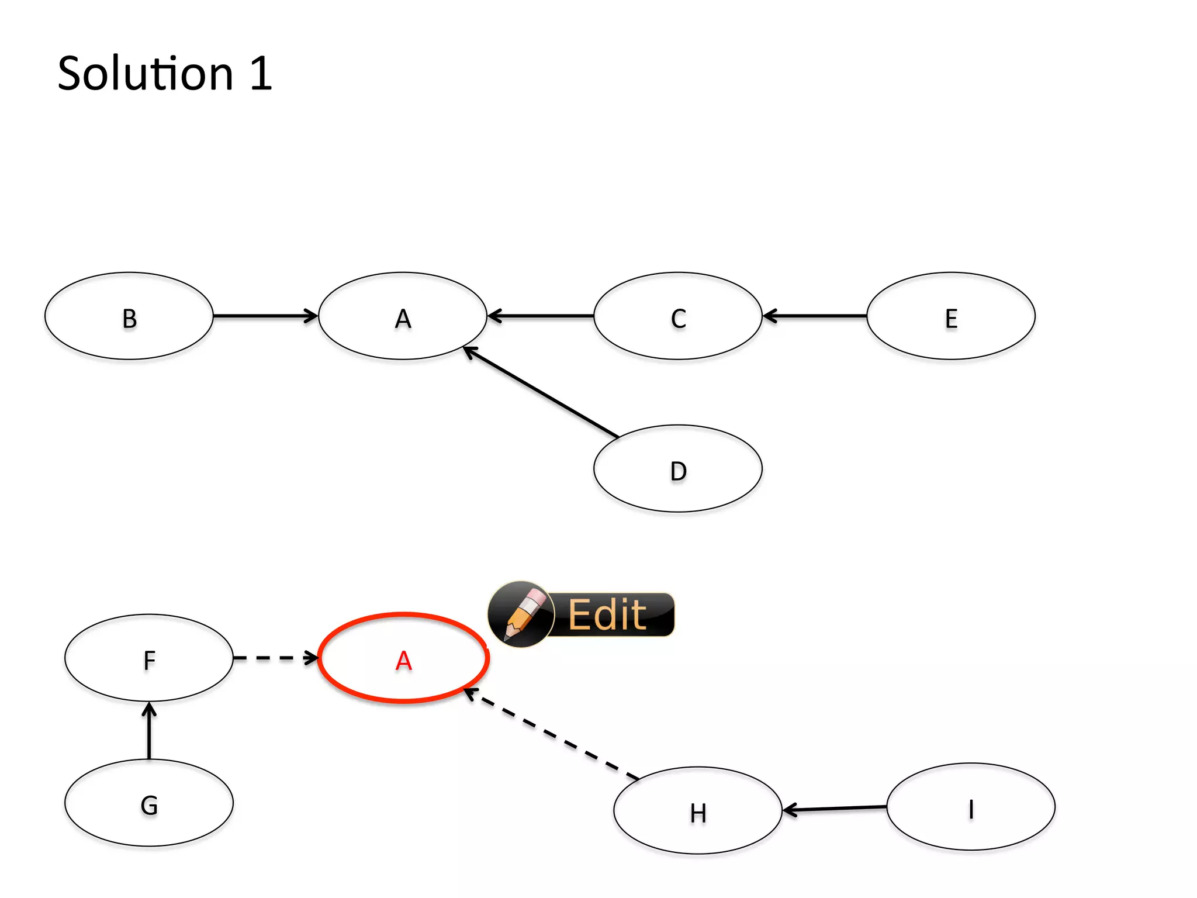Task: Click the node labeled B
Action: (129, 316)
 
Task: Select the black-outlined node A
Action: (403, 316)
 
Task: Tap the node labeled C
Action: (678, 316)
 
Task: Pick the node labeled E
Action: (951, 316)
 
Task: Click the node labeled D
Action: (678, 469)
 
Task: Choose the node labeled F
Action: (149, 658)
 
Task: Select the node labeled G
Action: (149, 803)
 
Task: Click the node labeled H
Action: (698, 811)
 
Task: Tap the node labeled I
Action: (971, 807)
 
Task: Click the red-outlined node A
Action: (403, 658)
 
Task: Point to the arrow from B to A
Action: (266, 316)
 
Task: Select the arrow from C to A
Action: (541, 316)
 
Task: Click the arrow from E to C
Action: (815, 316)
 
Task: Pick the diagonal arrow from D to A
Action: (541, 392)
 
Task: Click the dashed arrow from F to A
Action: (275, 658)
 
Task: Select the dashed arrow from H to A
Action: (552, 734)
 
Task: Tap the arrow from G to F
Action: (149, 731)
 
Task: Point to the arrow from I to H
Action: (835, 809)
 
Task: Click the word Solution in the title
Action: (146, 74)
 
